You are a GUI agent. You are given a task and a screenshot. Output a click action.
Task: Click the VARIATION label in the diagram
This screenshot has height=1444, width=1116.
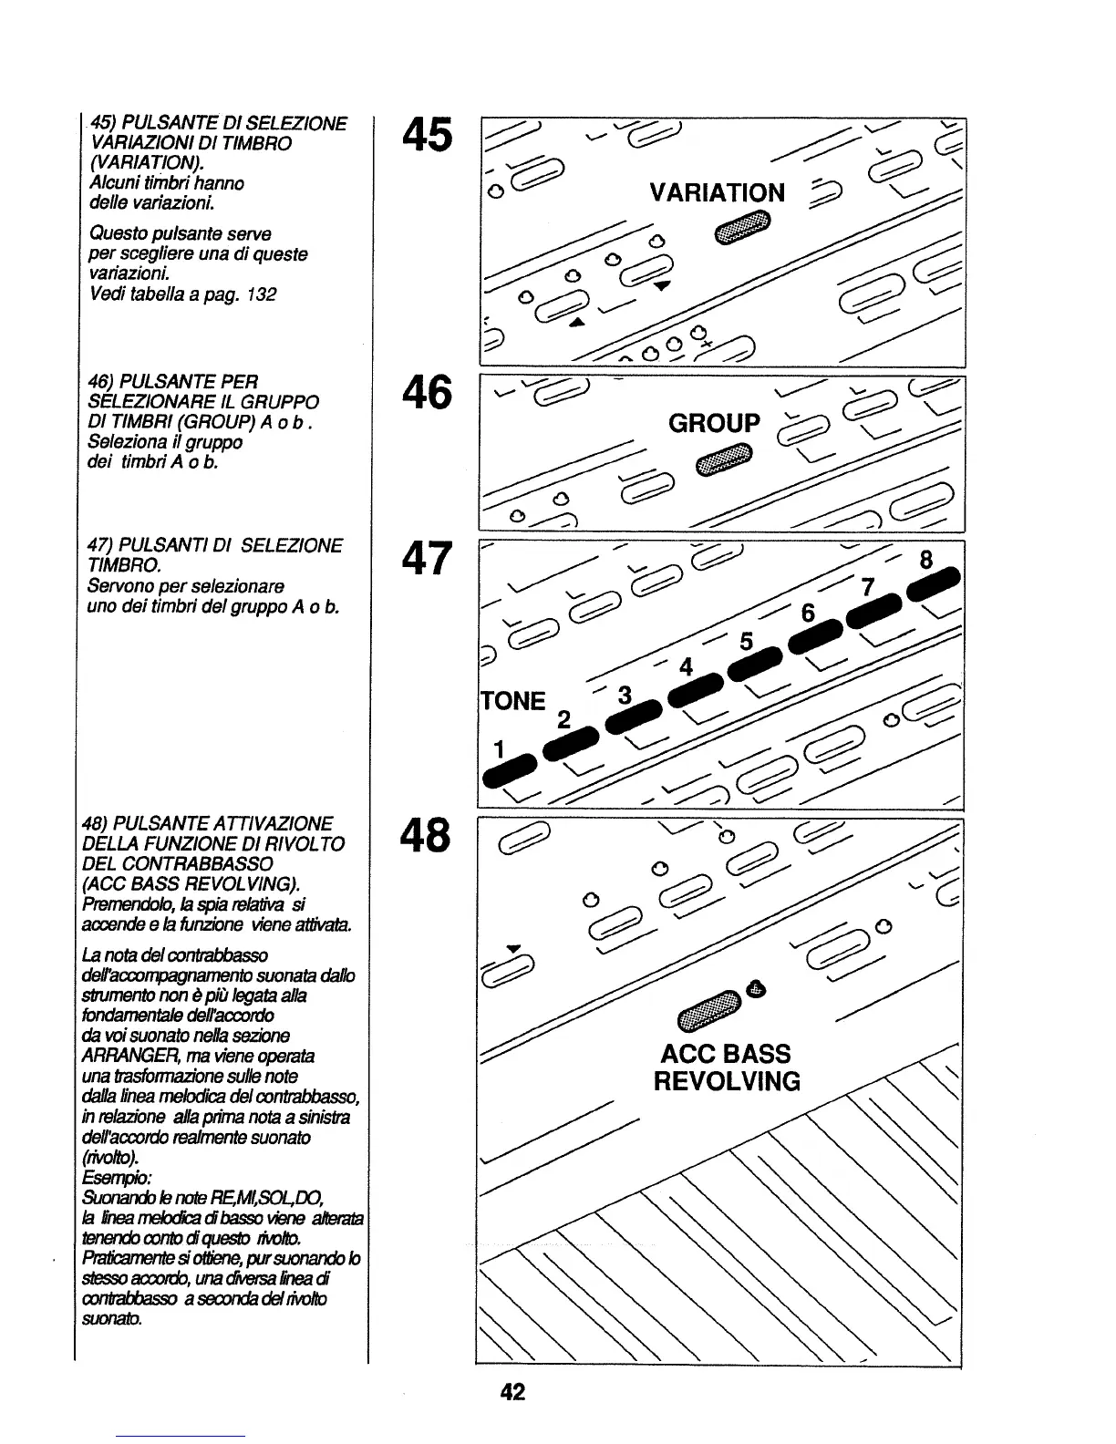(x=717, y=192)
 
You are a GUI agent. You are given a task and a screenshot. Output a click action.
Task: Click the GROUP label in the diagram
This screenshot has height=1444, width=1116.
(x=714, y=423)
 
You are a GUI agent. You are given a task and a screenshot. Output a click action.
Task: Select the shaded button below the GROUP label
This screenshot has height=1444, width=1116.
(x=724, y=459)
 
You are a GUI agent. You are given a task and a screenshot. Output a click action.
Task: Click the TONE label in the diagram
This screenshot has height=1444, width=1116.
(x=513, y=701)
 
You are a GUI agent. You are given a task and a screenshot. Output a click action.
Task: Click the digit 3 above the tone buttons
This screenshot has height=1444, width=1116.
(x=625, y=696)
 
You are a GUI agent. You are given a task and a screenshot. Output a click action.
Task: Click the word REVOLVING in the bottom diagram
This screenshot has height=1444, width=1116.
(x=727, y=1082)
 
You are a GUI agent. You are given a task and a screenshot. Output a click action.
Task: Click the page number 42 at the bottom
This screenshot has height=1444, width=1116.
(x=512, y=1392)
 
